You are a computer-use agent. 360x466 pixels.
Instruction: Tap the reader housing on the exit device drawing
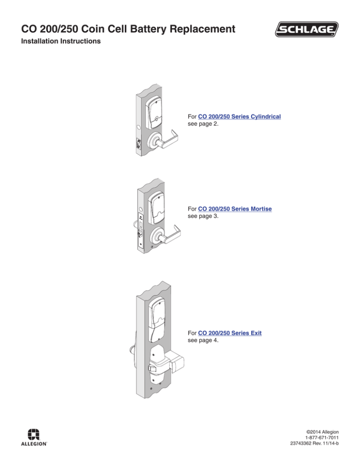click(157, 319)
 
